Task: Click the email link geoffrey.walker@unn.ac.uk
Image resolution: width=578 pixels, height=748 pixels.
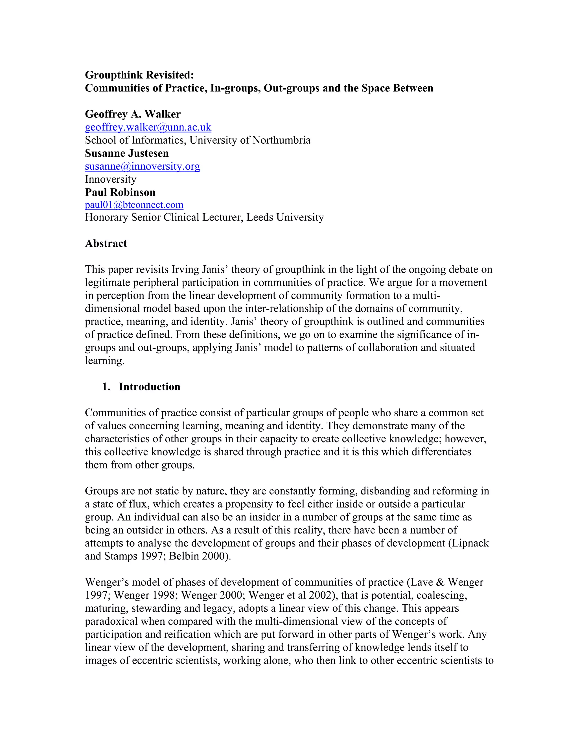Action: point(148,127)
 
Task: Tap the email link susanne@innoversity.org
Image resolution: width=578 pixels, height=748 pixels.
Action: point(143,167)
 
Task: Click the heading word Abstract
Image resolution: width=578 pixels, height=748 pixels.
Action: point(106,244)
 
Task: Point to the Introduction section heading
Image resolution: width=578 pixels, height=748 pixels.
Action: point(149,387)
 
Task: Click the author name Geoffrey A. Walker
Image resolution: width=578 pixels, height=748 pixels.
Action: point(133,114)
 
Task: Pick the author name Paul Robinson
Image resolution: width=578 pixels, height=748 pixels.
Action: point(120,192)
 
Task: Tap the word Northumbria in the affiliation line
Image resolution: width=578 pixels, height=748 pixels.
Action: point(281,140)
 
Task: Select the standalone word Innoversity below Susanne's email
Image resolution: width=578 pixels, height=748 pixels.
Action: point(111,180)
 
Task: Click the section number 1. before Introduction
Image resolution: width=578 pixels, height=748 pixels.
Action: point(106,387)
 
